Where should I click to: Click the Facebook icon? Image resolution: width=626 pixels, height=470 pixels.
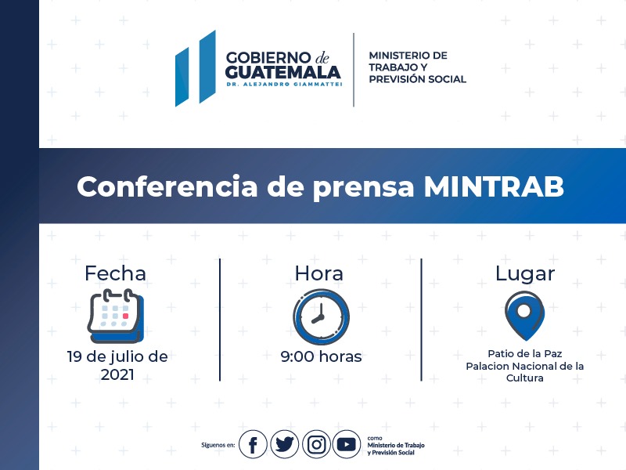[253, 444]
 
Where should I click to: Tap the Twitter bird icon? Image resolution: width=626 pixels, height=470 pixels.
[284, 444]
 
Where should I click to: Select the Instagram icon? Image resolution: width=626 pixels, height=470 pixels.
[316, 444]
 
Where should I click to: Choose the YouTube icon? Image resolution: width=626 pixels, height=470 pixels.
[347, 444]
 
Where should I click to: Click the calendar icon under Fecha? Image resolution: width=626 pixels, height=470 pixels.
[116, 316]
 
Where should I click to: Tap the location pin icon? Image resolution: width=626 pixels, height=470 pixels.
[524, 316]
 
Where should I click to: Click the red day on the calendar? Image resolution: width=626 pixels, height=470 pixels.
[125, 316]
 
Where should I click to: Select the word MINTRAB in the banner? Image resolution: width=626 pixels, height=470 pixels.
[494, 186]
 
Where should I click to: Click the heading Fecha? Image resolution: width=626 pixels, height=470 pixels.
[115, 273]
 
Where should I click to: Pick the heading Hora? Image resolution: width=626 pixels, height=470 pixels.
[318, 273]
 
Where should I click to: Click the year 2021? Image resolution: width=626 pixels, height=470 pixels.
[117, 374]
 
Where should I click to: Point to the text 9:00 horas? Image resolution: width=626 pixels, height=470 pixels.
[321, 356]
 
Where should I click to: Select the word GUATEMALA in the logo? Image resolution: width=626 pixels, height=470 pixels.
[282, 72]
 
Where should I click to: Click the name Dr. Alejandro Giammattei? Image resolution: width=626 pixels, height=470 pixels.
[284, 84]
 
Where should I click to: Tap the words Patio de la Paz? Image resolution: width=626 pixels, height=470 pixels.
[525, 354]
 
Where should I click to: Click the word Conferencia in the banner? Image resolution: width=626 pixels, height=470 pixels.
[167, 186]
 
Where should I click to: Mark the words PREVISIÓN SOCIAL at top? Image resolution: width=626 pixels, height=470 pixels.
[418, 79]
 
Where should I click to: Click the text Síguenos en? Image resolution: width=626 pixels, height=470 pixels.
[218, 445]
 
